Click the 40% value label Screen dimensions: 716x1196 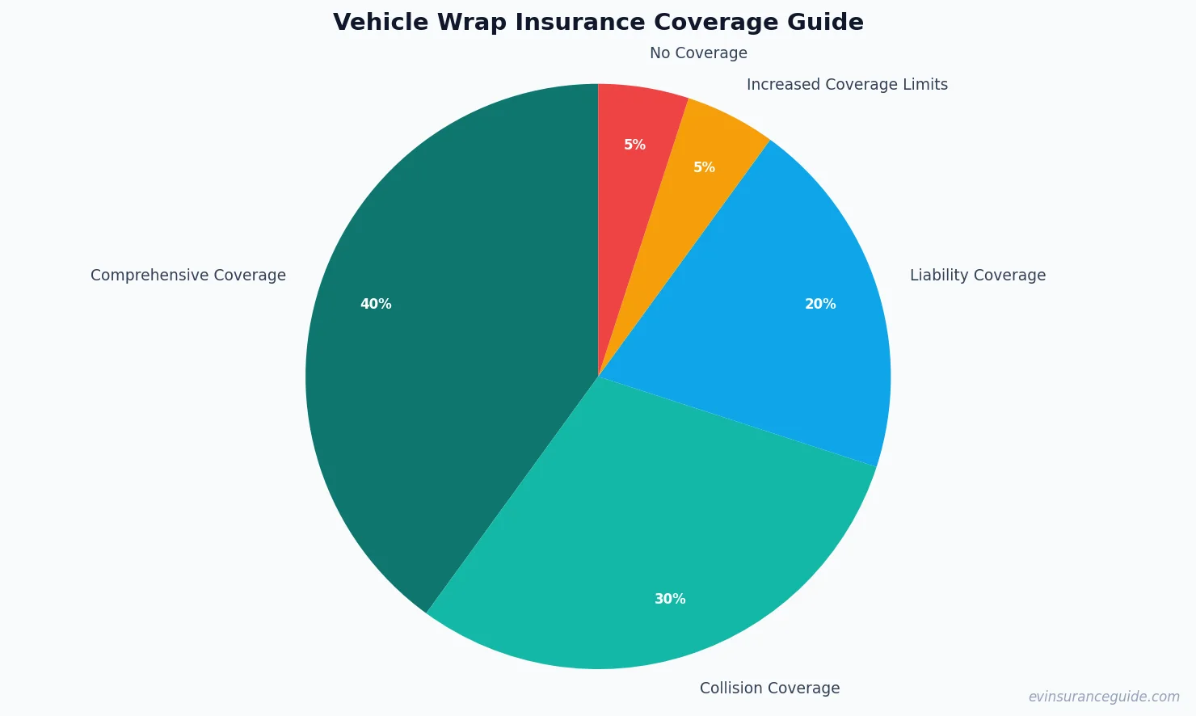tap(376, 304)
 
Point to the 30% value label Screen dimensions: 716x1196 tap(670, 599)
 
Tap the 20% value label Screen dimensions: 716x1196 tap(820, 304)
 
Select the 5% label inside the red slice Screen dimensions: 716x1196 tap(634, 145)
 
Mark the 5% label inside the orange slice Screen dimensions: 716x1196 tap(704, 167)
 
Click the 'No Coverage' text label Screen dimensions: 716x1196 tap(698, 53)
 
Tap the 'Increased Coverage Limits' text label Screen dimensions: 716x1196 tap(847, 85)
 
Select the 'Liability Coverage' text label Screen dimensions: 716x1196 tap(978, 276)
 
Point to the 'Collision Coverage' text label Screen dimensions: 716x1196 tap(769, 689)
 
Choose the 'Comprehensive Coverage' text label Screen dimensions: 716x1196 tap(188, 276)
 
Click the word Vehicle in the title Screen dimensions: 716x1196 tap(380, 23)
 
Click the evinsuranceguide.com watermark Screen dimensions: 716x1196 tap(1104, 697)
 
